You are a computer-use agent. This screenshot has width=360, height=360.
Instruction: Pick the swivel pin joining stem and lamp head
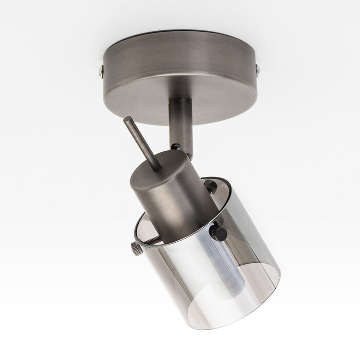click(176, 147)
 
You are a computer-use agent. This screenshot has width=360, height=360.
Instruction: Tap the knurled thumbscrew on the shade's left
click(136, 249)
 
